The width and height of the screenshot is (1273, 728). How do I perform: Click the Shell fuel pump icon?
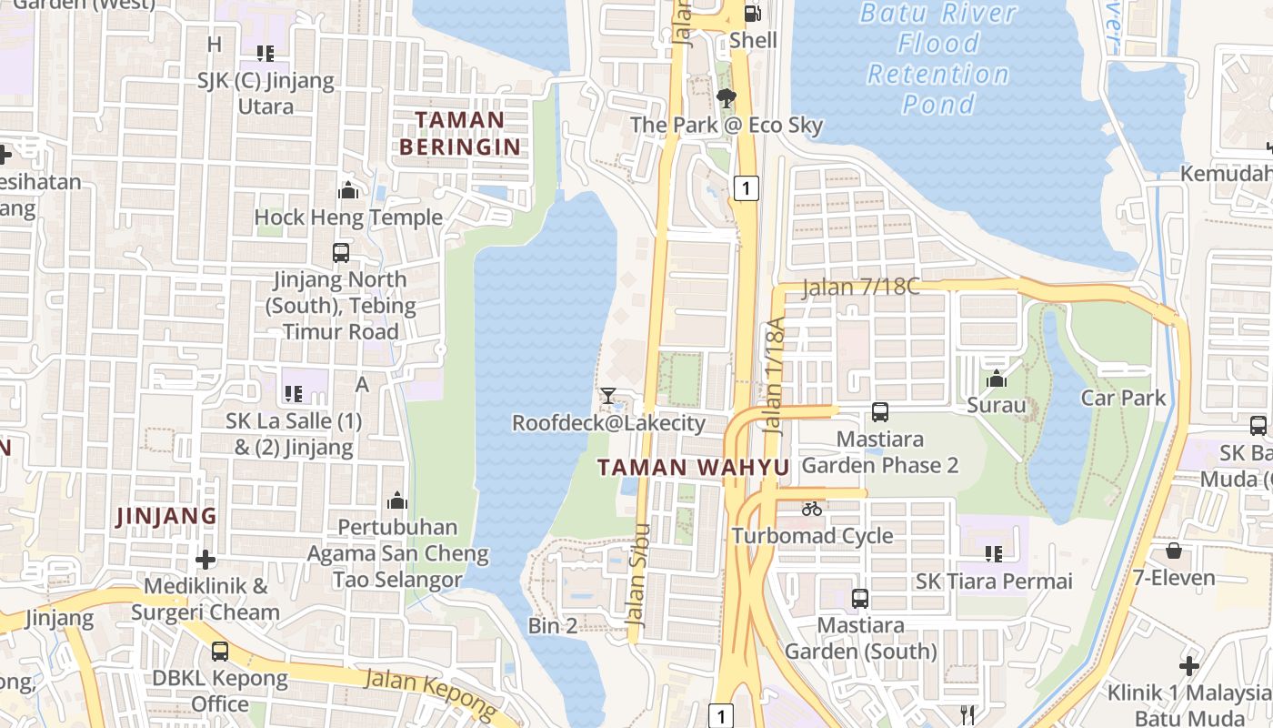tap(753, 14)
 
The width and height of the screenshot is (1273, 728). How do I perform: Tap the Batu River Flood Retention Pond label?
tap(937, 58)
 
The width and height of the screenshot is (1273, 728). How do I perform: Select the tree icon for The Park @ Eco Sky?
tap(726, 98)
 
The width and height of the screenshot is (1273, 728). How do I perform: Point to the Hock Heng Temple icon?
tap(347, 191)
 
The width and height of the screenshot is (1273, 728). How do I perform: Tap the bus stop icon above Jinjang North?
tap(341, 253)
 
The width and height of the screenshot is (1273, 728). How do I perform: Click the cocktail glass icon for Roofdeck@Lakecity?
tap(607, 396)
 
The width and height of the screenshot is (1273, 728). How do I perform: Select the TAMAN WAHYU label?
tap(693, 468)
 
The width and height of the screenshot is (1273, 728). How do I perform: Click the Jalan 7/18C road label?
tap(860, 288)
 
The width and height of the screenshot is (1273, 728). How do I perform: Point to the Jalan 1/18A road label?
tap(774, 375)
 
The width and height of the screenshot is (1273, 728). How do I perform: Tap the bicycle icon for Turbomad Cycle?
tap(812, 509)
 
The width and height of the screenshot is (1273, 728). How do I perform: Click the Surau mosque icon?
tap(997, 379)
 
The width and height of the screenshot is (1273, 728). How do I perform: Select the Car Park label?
tap(1123, 398)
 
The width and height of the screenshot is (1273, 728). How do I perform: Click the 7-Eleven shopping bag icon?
tap(1174, 551)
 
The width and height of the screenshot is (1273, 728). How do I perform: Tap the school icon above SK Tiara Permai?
tap(994, 553)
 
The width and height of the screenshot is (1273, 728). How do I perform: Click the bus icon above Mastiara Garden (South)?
tap(860, 599)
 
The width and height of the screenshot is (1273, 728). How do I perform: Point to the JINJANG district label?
tap(166, 516)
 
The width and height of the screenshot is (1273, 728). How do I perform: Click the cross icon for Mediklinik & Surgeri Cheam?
tap(205, 559)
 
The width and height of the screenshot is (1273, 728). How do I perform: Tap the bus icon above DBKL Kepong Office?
tap(220, 652)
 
